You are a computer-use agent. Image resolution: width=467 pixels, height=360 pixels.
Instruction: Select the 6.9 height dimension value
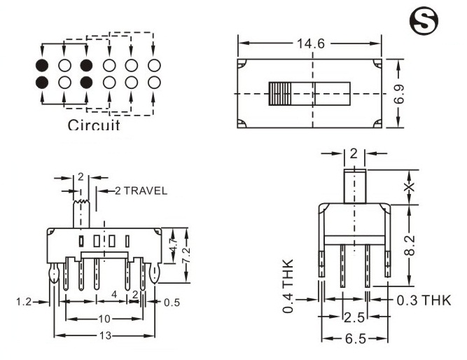tap(399, 92)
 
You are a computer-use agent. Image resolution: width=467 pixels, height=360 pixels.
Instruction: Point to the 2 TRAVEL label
tap(136, 191)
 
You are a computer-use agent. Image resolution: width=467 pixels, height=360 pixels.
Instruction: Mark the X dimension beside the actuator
tap(410, 186)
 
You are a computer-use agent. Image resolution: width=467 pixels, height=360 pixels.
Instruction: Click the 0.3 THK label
tap(424, 301)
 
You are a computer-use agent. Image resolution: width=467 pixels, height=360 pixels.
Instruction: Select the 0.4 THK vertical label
tap(289, 286)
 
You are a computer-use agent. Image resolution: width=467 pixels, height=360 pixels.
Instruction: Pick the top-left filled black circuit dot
tap(43, 65)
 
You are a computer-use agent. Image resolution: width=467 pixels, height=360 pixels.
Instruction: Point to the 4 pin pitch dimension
tap(113, 296)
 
